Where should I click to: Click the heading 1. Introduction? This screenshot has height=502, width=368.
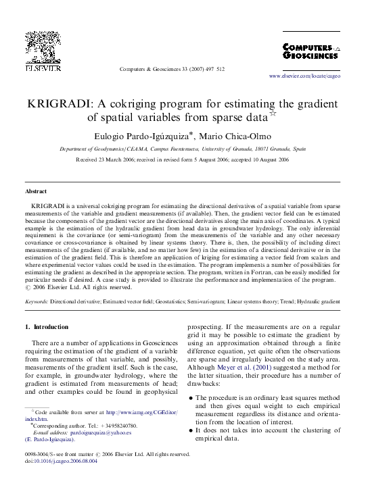coord(47,327)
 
